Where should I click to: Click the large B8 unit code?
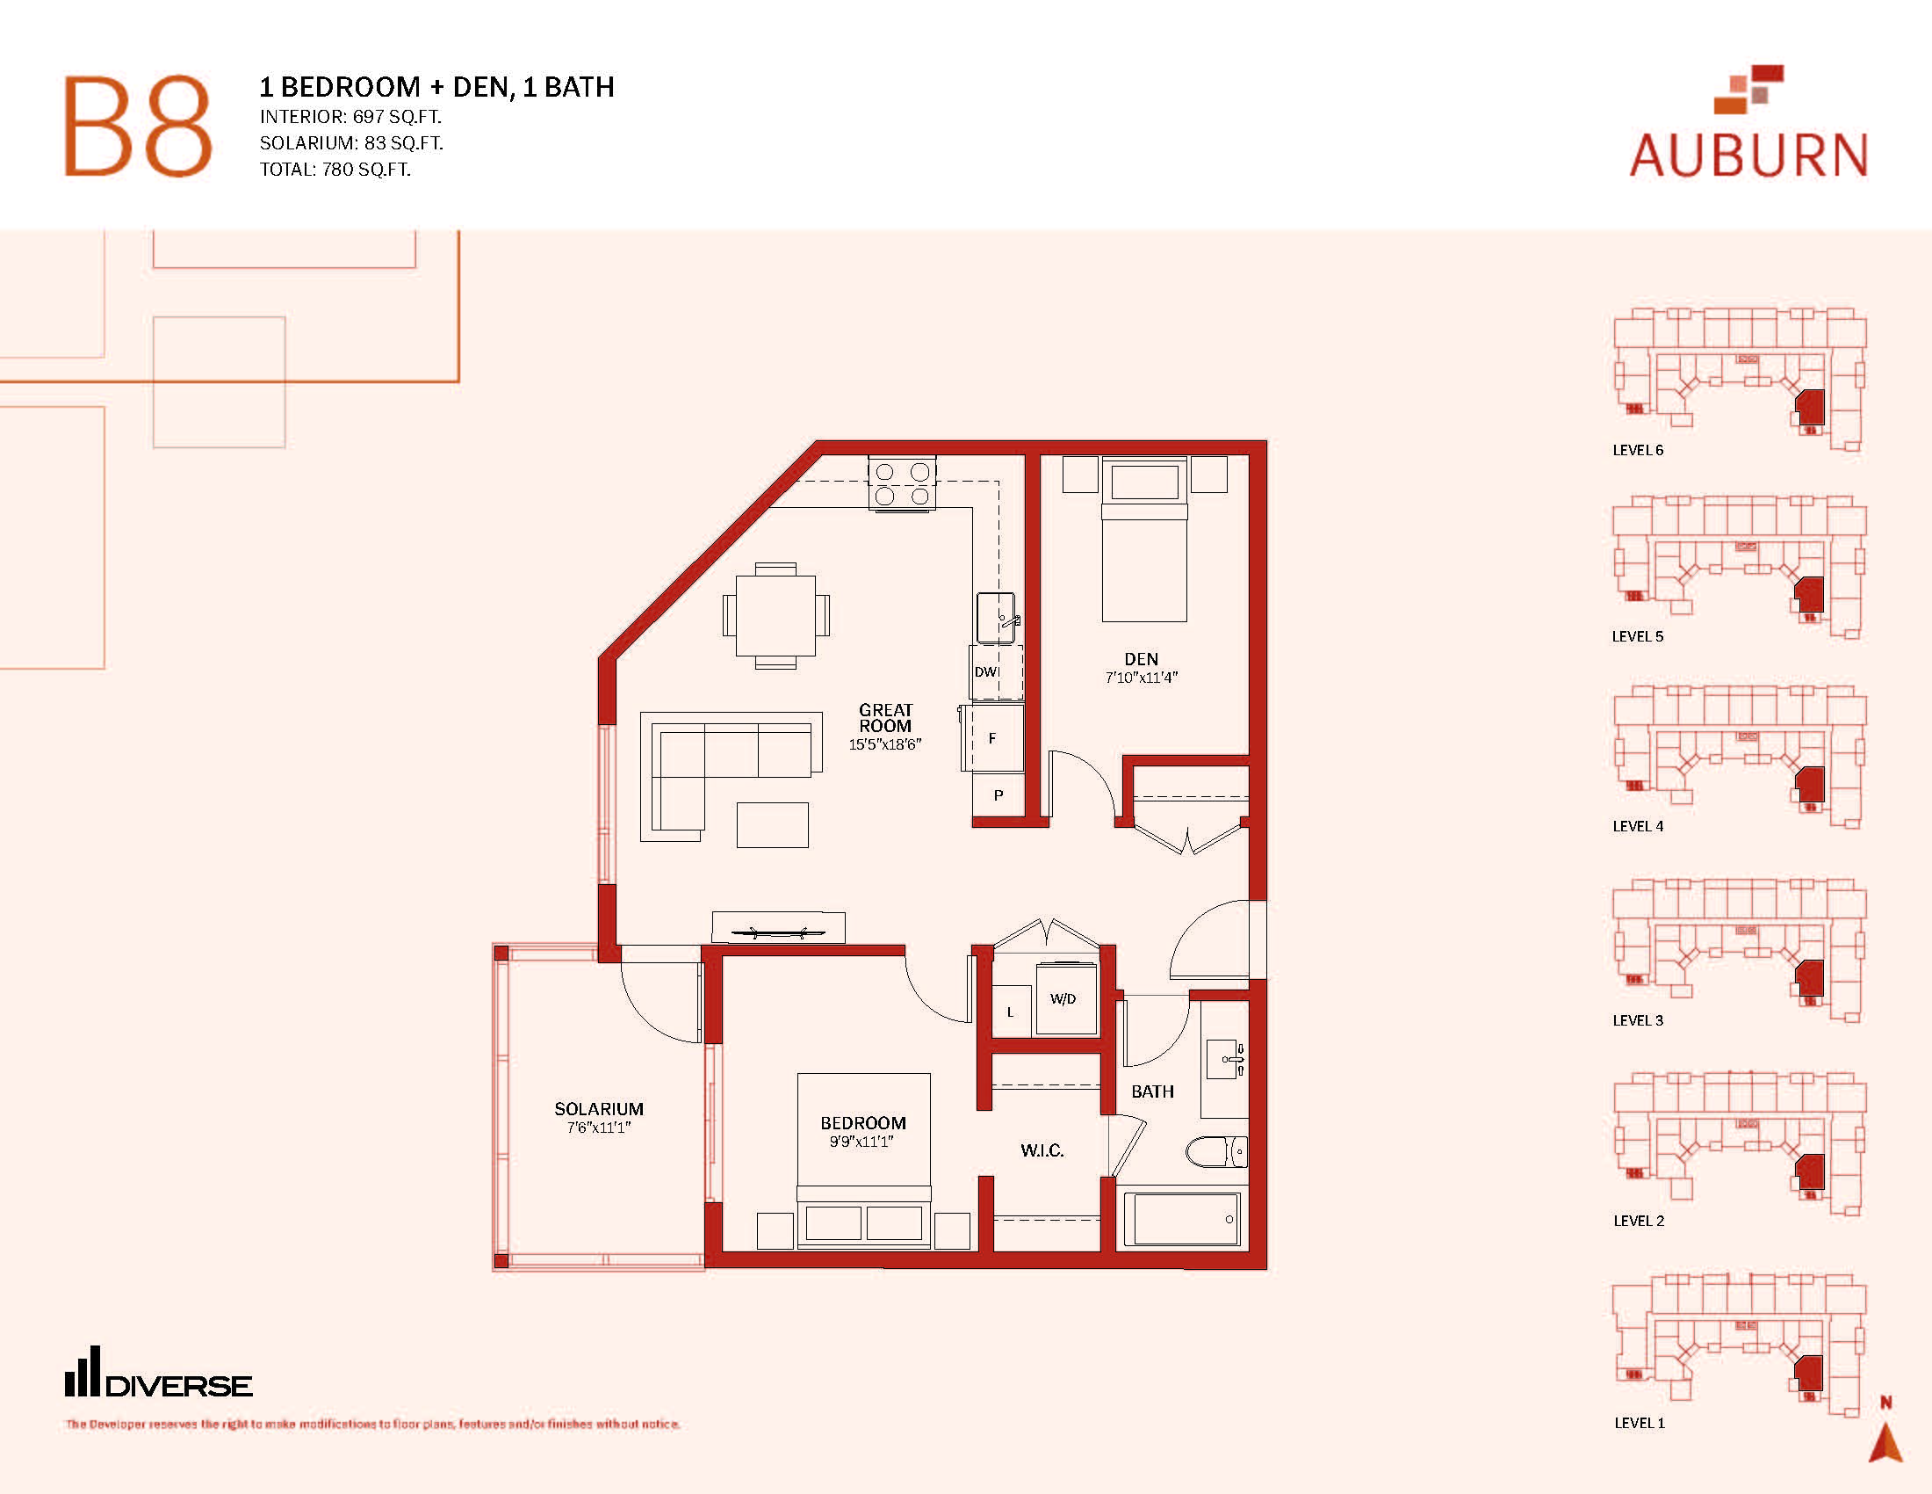point(138,127)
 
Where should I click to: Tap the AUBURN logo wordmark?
point(1748,156)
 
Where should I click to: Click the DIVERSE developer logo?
point(158,1373)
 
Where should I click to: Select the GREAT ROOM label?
point(885,718)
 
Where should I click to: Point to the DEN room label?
point(1141,659)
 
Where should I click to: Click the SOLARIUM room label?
point(599,1109)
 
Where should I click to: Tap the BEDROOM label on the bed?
point(863,1123)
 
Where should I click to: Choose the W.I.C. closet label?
point(1042,1150)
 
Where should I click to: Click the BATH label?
point(1153,1092)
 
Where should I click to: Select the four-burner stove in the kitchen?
point(902,482)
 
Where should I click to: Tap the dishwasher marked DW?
point(997,671)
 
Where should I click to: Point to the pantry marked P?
point(998,794)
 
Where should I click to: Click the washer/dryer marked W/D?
point(1066,999)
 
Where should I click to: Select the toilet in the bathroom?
point(1216,1151)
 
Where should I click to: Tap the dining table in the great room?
point(775,615)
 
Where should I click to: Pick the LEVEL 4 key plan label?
point(1638,827)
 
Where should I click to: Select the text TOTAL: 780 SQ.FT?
point(335,169)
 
